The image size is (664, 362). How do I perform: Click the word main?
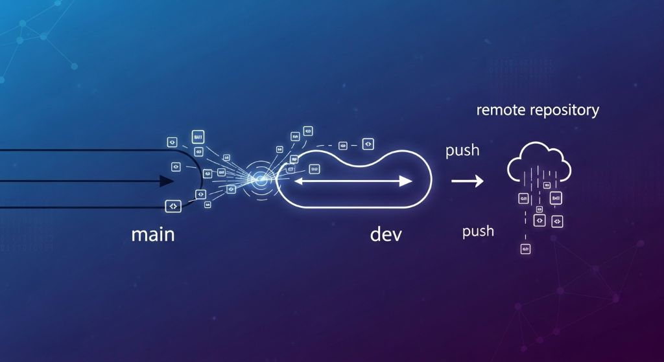pos(152,234)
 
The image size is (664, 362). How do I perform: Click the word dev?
pos(386,234)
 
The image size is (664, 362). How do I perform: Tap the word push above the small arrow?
pos(462,151)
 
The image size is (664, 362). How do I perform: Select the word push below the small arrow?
pos(478,231)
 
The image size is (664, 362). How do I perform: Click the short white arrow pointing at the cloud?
pos(468,181)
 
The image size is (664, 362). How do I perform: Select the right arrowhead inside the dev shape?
pos(405,181)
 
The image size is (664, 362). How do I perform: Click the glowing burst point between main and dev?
pos(259,181)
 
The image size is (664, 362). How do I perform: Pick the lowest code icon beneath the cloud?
pos(525,249)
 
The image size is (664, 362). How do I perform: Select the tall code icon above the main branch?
pos(198,137)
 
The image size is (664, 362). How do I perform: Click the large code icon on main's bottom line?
pos(173,206)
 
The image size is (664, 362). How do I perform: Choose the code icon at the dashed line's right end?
pos(368,144)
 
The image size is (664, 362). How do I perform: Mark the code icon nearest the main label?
pos(173,206)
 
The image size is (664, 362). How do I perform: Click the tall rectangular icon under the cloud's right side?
pos(556,198)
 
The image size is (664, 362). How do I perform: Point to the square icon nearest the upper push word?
pos(368,144)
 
